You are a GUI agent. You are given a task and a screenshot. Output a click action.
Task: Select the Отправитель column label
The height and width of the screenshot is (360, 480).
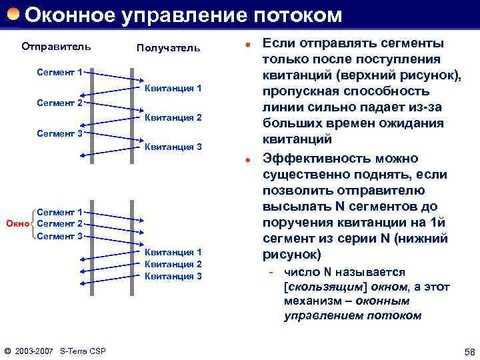[56, 47]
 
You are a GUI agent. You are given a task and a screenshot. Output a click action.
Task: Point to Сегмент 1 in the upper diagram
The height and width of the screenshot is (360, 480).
[59, 72]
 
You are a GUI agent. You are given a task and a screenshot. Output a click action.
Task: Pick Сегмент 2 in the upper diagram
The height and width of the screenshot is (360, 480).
[59, 103]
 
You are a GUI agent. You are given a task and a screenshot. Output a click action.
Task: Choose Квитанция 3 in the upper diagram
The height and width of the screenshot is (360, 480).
[173, 147]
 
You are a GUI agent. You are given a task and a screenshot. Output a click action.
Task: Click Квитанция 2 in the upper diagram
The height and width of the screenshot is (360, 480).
[173, 118]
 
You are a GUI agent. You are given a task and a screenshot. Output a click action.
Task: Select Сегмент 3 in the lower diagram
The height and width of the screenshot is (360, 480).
[59, 235]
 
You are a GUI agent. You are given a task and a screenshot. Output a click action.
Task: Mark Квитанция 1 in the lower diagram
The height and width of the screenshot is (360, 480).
[173, 252]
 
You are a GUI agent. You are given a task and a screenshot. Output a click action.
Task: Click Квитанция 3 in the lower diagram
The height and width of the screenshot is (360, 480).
[173, 276]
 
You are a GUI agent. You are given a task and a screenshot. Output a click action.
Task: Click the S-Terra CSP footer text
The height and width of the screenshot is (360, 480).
[83, 351]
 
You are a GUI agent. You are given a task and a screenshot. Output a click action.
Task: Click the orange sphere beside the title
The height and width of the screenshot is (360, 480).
[13, 14]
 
